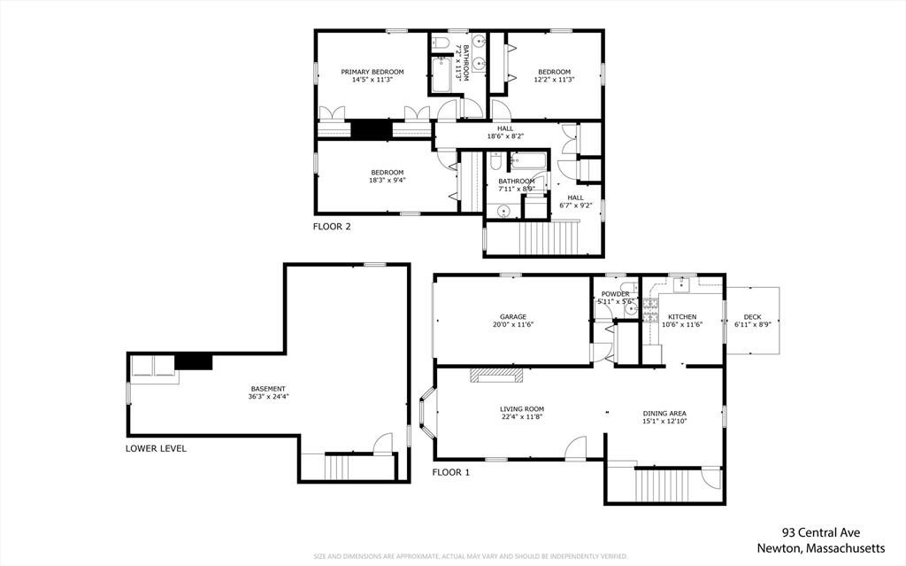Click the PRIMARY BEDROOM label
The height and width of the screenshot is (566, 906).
[x=372, y=72]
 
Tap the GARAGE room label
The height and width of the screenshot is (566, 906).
[x=513, y=316]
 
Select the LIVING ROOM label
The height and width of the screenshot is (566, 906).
[x=521, y=409]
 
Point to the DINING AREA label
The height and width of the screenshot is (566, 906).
[x=664, y=414]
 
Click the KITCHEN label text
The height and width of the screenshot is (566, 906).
[x=681, y=316]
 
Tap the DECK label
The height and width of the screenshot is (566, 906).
[x=752, y=316]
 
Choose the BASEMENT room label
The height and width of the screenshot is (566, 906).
[x=267, y=389]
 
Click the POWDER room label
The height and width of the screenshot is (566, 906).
[x=615, y=294]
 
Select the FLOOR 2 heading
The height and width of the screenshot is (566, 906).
[x=332, y=227]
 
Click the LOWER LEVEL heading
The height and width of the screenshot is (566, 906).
[x=156, y=448]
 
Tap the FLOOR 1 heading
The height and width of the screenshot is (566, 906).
[x=451, y=472]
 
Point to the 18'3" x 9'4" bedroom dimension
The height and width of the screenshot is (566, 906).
[x=387, y=181]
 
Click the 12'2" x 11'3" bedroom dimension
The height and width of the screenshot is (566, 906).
[x=554, y=80]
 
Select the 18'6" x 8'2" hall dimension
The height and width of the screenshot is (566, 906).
[x=505, y=136]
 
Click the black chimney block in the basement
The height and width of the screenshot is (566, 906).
[x=194, y=361]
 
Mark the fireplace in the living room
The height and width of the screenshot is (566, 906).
[x=496, y=376]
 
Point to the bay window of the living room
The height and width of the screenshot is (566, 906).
[x=426, y=414]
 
